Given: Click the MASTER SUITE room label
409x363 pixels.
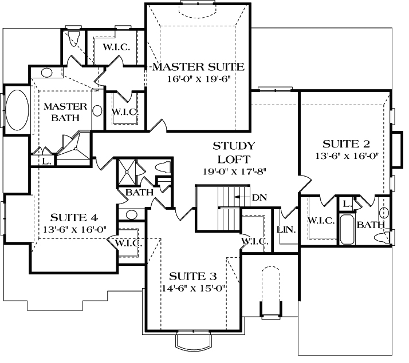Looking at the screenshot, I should tap(198, 67).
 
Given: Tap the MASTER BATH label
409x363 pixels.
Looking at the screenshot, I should tap(65, 112).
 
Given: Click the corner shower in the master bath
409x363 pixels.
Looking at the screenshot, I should tap(75, 146).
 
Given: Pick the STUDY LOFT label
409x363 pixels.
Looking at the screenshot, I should tap(233, 151).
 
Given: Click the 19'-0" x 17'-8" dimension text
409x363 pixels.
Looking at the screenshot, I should tap(233, 170).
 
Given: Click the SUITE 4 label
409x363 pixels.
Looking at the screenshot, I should tap(74, 217).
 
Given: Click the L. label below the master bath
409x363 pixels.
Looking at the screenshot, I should tap(46, 162).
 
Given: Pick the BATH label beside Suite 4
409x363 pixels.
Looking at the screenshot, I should tap(139, 193).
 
